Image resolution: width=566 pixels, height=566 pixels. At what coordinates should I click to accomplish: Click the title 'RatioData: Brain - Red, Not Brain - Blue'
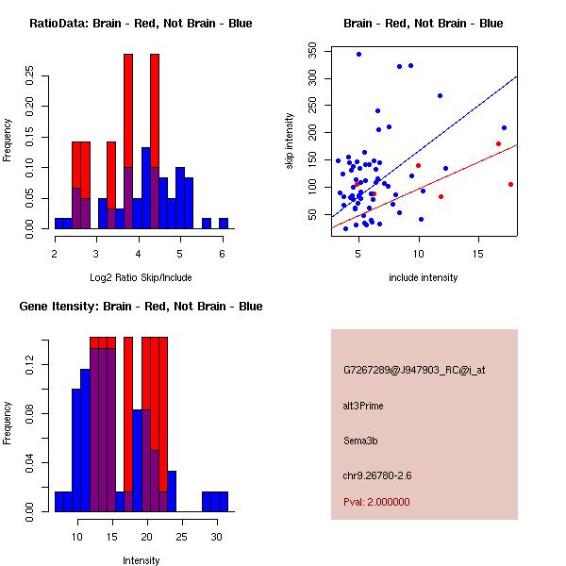coord(140,23)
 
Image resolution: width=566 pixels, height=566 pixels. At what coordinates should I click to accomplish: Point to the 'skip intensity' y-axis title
coord(290,141)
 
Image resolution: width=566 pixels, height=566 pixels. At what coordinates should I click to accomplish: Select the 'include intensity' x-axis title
coord(424,277)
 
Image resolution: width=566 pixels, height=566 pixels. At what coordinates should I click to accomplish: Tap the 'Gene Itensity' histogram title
coord(141,307)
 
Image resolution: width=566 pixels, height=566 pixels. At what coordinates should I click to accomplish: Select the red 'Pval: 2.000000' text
coord(376,502)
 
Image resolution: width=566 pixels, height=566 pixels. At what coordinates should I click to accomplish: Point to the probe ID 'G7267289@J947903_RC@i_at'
coord(414,371)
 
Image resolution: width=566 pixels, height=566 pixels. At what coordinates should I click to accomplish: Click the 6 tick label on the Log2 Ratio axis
coord(222,253)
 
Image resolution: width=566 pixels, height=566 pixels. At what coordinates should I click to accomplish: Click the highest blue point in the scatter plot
coord(358,54)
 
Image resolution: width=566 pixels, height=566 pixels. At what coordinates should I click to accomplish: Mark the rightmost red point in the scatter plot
coord(510,184)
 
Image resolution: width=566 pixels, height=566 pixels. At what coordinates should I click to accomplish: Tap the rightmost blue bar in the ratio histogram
coord(224,223)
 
